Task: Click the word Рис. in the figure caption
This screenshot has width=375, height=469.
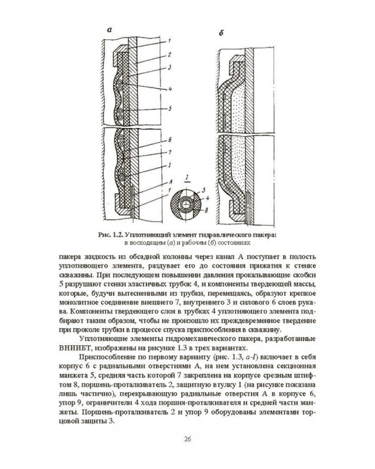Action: (x=106, y=234)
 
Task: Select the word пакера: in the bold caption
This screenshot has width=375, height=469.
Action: (x=264, y=234)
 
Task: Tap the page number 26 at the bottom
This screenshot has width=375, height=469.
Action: (x=187, y=442)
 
